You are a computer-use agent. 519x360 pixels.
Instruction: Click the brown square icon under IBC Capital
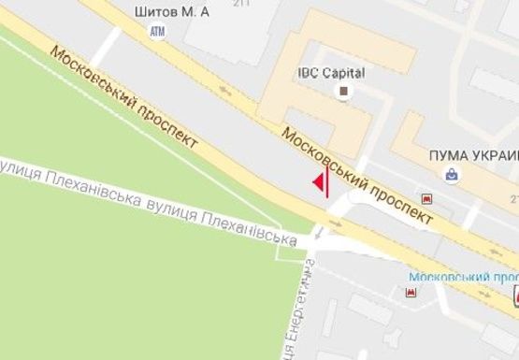pyautogui.click(x=344, y=91)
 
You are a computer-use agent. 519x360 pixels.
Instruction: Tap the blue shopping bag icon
pyautogui.click(x=453, y=174)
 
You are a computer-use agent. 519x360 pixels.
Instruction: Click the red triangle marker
pyautogui.click(x=318, y=181)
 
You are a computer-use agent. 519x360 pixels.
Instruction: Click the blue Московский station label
pyautogui.click(x=464, y=278)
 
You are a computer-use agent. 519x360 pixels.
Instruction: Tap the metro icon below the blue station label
pyautogui.click(x=410, y=293)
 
